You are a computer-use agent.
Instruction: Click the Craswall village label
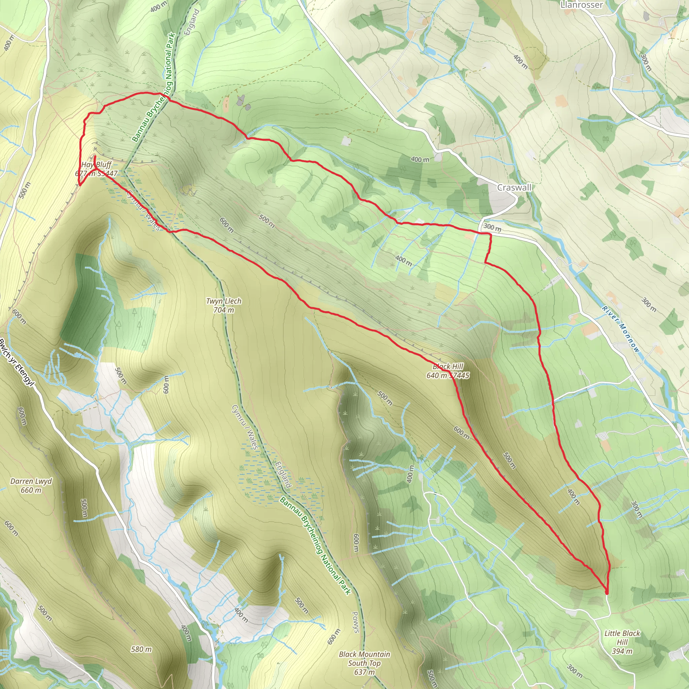tap(514, 188)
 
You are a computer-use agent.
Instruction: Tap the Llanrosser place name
tap(581, 5)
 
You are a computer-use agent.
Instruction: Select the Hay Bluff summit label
tap(96, 165)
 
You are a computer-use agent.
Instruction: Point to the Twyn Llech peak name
tap(224, 301)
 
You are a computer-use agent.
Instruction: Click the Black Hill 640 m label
tap(447, 370)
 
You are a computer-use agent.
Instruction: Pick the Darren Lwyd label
tap(31, 481)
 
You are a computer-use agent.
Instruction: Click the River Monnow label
tap(621, 329)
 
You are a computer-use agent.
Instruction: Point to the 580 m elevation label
tap(141, 649)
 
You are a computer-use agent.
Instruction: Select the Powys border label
tap(355, 622)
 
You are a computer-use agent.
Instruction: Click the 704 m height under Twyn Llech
tap(224, 310)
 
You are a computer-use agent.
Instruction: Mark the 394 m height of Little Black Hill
tap(622, 651)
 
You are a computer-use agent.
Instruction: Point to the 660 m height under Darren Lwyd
tap(31, 490)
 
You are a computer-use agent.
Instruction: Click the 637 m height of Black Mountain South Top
tap(364, 672)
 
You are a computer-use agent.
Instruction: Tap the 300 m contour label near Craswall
tap(492, 227)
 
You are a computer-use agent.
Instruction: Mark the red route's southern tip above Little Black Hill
tap(607, 593)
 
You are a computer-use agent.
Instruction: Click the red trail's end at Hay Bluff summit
tap(95, 156)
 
